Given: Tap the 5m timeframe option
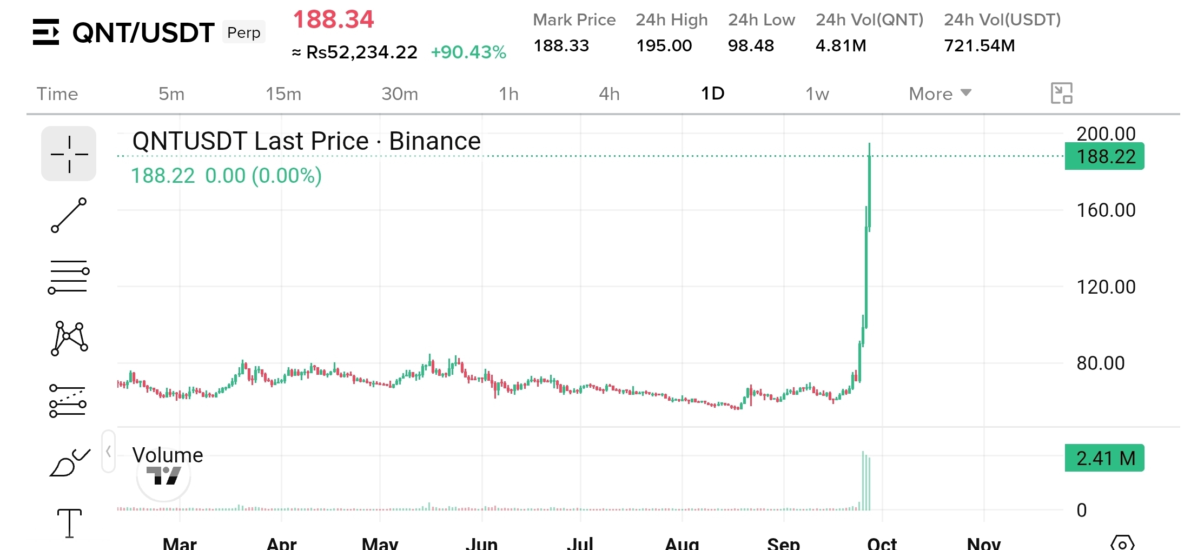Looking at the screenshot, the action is point(171,94).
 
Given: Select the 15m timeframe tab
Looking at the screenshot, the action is point(283,94).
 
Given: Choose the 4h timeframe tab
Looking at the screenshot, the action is point(609,94).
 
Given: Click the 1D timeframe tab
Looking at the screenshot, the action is point(713,94).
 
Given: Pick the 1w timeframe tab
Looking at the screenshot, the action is point(817,94).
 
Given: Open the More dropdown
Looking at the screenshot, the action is point(940,94).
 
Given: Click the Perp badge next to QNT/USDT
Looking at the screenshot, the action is point(244,32).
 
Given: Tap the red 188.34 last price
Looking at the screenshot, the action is point(334,19).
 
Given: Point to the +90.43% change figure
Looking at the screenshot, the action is point(468,52).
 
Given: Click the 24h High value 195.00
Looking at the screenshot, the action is point(664,45).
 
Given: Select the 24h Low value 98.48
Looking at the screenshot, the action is point(751,45).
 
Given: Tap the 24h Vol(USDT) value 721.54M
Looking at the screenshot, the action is point(980,45).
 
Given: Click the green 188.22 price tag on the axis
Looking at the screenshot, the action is point(1104,156).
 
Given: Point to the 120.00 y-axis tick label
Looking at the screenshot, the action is point(1106,287).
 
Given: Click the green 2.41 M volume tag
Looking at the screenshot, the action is point(1104,458).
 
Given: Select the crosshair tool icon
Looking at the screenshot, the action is point(69,154).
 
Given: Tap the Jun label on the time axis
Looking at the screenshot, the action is point(481,542).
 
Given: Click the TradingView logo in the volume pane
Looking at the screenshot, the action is point(163,475).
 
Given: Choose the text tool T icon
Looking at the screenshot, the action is point(69,523).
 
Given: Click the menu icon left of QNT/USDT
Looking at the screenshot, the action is point(46,32).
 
